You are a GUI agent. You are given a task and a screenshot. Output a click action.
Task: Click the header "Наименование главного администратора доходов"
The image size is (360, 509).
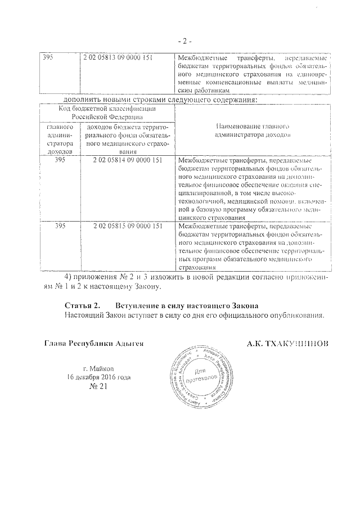pos(252,132)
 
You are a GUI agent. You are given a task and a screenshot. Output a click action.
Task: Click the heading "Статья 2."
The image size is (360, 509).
pos(82,305)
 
